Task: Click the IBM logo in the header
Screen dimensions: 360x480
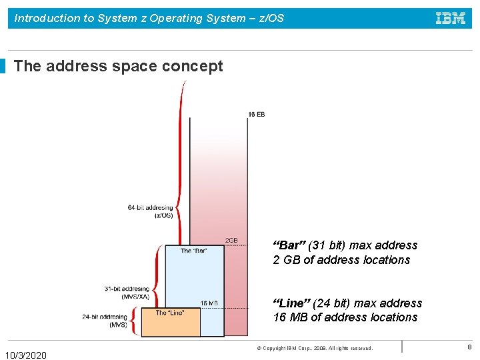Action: pyautogui.click(x=451, y=19)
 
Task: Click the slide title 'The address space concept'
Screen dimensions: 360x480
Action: pyautogui.click(x=118, y=66)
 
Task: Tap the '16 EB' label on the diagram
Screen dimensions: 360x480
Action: pyautogui.click(x=257, y=115)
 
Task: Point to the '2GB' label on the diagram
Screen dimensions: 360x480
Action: pyautogui.click(x=231, y=241)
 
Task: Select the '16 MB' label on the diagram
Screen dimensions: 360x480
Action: pyautogui.click(x=209, y=303)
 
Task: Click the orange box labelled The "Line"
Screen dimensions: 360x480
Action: pyautogui.click(x=170, y=323)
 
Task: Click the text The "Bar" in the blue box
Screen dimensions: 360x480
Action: pyautogui.click(x=194, y=251)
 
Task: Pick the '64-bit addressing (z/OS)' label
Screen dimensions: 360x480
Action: pyautogui.click(x=150, y=211)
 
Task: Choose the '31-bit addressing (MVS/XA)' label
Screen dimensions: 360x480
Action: pyautogui.click(x=127, y=293)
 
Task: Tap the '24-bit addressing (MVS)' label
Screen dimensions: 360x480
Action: pyautogui.click(x=105, y=321)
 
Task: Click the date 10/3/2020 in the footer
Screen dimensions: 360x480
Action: pyautogui.click(x=26, y=355)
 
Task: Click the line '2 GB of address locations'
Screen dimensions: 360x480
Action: pyautogui.click(x=341, y=260)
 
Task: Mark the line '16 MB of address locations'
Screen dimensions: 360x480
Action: pyautogui.click(x=345, y=317)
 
